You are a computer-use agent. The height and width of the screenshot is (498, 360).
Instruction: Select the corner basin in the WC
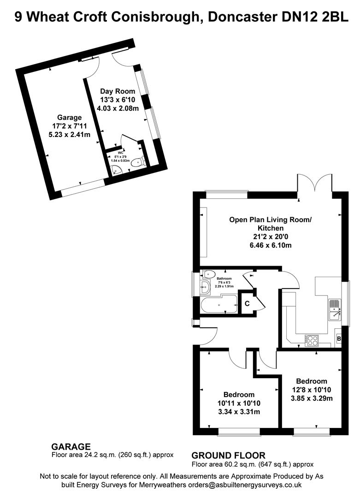point(117,171)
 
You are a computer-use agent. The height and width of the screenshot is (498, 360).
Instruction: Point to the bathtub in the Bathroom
point(219,305)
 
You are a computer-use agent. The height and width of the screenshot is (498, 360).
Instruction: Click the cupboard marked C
point(247,303)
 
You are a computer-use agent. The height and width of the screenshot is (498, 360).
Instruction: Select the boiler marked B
point(339,339)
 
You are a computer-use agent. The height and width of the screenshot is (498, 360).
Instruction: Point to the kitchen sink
point(335,310)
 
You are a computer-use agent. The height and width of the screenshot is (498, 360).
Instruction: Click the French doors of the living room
point(314,184)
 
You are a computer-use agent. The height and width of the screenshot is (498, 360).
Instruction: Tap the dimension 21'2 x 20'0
point(270,237)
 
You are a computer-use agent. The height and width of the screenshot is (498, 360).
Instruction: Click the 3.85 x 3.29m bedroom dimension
point(312,398)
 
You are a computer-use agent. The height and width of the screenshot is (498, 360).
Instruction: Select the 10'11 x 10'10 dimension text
point(239,403)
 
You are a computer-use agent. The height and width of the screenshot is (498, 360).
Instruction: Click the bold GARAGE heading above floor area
point(71,446)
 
